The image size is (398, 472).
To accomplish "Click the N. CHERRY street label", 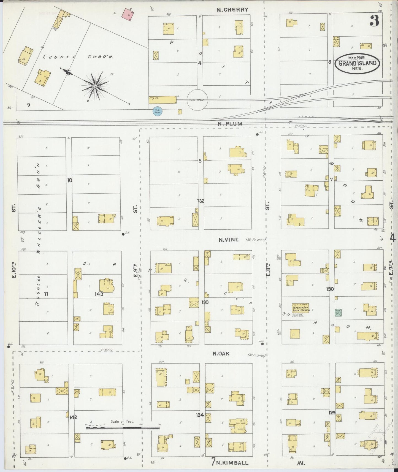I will pyautogui.click(x=232, y=10).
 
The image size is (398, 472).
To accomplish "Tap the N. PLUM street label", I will pyautogui.click(x=230, y=124).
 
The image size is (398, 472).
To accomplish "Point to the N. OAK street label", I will pyautogui.click(x=221, y=354).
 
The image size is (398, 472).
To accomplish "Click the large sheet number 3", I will pyautogui.click(x=374, y=21).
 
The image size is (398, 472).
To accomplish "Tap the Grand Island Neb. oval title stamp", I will pyautogui.click(x=357, y=63).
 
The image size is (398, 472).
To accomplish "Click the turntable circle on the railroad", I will pyautogui.click(x=197, y=100).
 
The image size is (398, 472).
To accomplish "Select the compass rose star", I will pyautogui.click(x=95, y=86).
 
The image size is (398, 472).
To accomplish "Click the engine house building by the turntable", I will pyautogui.click(x=163, y=100).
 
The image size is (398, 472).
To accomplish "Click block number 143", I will pyautogui.click(x=99, y=294).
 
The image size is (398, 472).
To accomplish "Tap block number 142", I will pyautogui.click(x=73, y=417).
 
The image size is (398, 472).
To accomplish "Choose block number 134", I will pyautogui.click(x=200, y=415).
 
